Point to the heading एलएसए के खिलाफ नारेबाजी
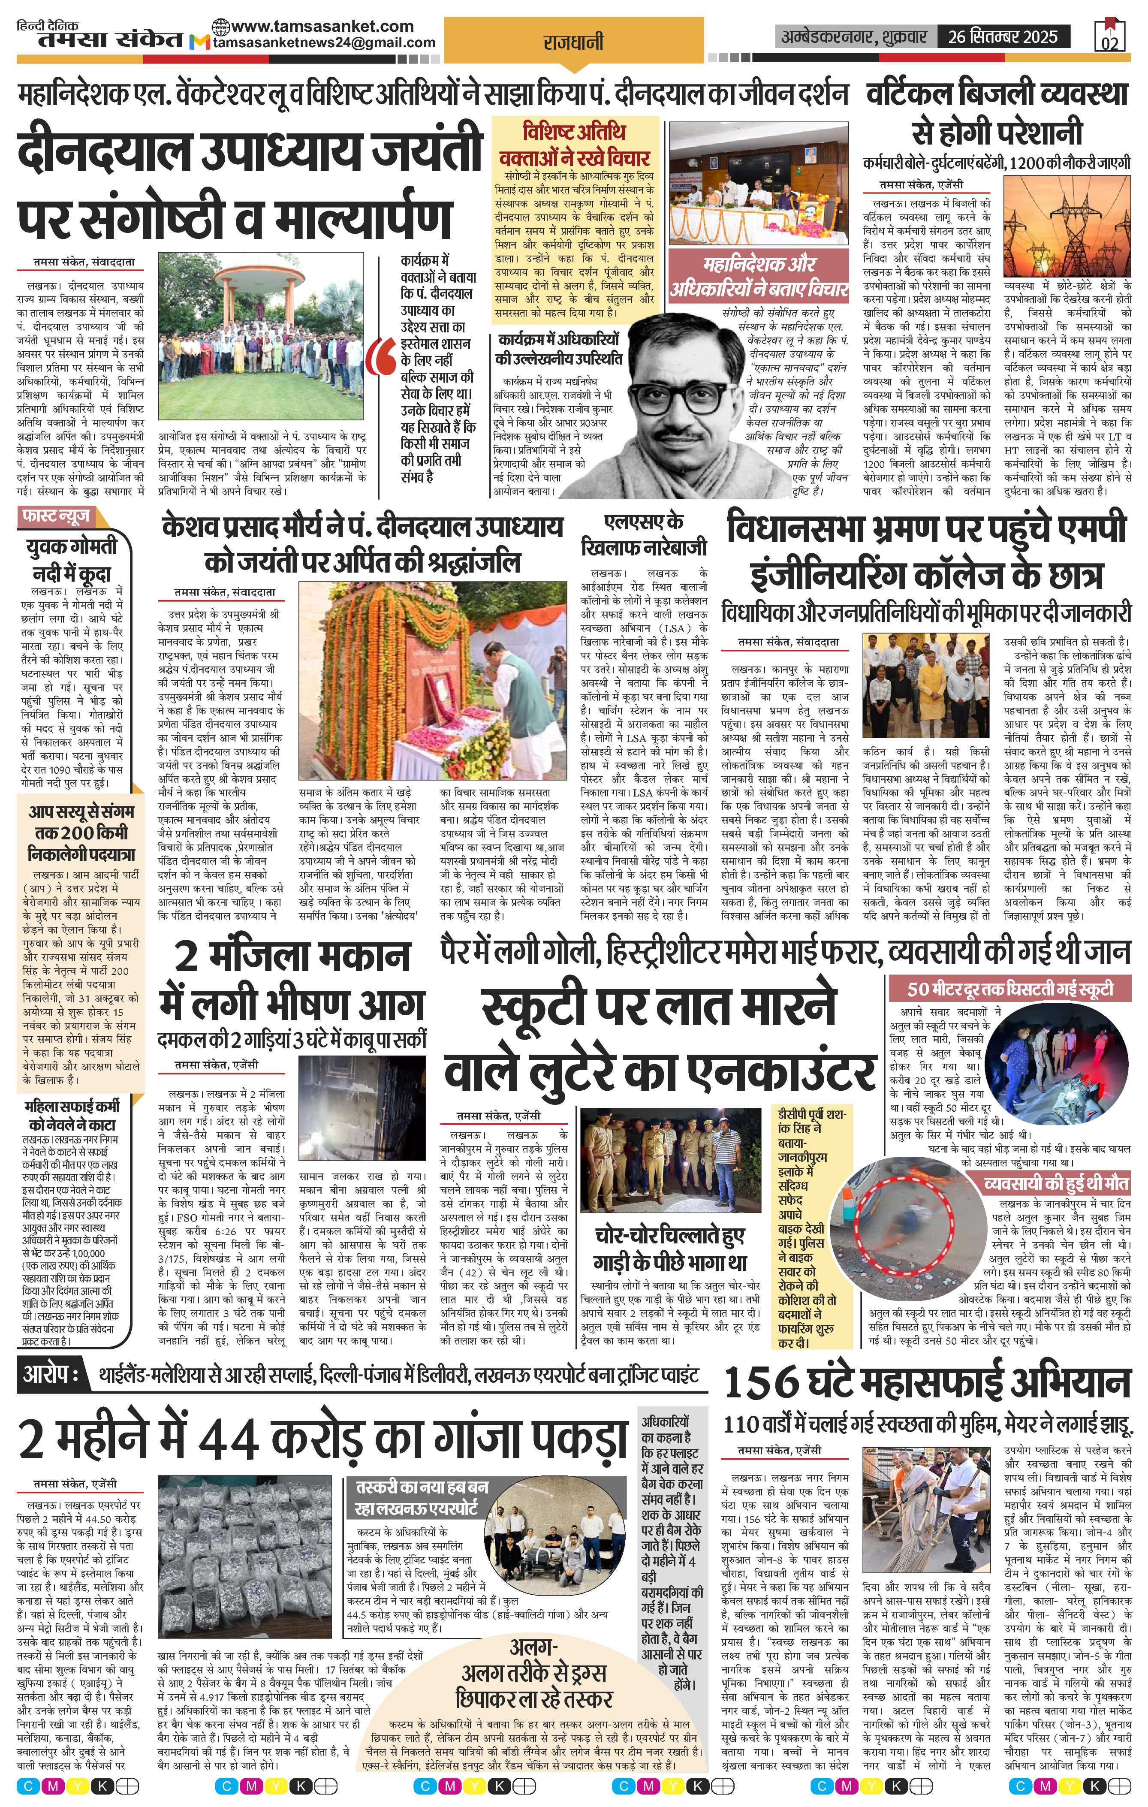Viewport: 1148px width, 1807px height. (644, 534)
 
